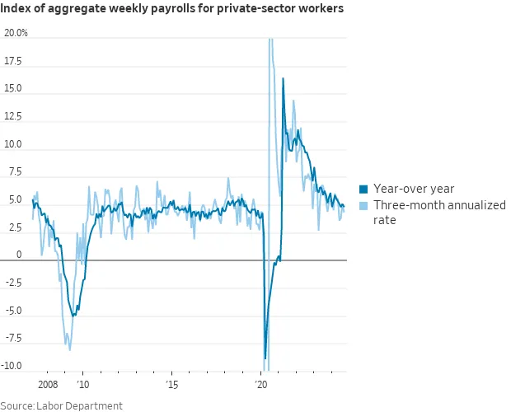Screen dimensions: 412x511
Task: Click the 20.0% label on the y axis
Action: point(16,33)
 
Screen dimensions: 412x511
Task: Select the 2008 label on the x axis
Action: point(49,384)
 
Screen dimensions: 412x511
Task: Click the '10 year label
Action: point(82,384)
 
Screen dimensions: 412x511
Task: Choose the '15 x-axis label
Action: point(171,384)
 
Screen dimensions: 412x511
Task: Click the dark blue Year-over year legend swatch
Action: point(363,189)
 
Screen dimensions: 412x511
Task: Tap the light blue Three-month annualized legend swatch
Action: point(363,205)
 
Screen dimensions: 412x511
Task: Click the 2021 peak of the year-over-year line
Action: point(284,78)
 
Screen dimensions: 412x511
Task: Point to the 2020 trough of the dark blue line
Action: point(265,358)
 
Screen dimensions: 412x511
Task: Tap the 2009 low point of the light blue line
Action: point(69,350)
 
